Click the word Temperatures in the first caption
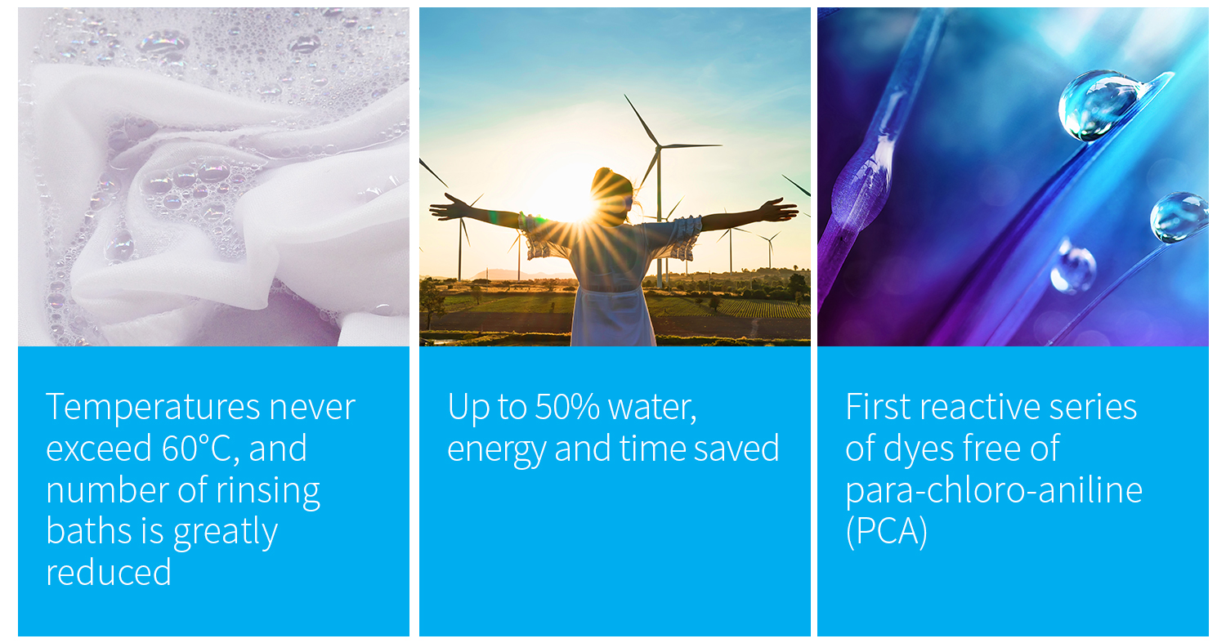pyautogui.click(x=153, y=407)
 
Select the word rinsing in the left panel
pyautogui.click(x=268, y=491)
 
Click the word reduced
pyautogui.click(x=109, y=573)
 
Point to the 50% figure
pyautogui.click(x=567, y=407)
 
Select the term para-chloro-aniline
pyautogui.click(x=994, y=491)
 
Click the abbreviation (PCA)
pyautogui.click(x=887, y=531)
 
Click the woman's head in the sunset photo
pyautogui.click(x=612, y=194)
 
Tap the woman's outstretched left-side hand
pyautogui.click(x=450, y=208)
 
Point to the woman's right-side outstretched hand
pyautogui.click(x=778, y=211)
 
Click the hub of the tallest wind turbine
pyautogui.click(x=659, y=147)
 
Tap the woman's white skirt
pyautogui.click(x=612, y=317)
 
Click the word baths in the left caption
pyautogui.click(x=89, y=531)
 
